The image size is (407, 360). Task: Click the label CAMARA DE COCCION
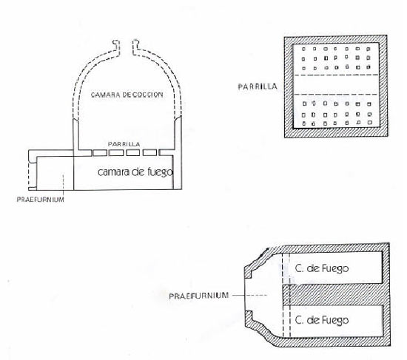pyautogui.click(x=127, y=95)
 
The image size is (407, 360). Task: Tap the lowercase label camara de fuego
pyautogui.click(x=135, y=172)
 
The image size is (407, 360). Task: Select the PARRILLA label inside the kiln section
pyautogui.click(x=124, y=144)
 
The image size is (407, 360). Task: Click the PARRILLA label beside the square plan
pyautogui.click(x=258, y=86)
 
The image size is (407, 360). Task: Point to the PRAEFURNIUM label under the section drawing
pyautogui.click(x=40, y=200)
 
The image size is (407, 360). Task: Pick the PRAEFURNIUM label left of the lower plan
pyautogui.click(x=199, y=296)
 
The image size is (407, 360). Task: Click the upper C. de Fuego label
pyautogui.click(x=322, y=268)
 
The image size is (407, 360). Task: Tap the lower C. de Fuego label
pyautogui.click(x=322, y=320)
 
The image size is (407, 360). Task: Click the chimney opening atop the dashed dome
pyautogui.click(x=126, y=47)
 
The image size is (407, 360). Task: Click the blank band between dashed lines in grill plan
pyautogui.click(x=335, y=84)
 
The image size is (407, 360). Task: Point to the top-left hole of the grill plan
pyautogui.click(x=303, y=49)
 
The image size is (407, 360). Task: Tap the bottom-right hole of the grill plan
pyautogui.click(x=370, y=123)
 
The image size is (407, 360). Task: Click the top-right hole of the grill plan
pyautogui.click(x=368, y=49)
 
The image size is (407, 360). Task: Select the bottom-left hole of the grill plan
pyautogui.click(x=304, y=123)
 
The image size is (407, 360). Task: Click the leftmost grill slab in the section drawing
pyautogui.click(x=100, y=153)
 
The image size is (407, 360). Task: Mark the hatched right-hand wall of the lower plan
pyautogui.click(x=386, y=294)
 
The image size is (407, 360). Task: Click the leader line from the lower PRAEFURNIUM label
pyautogui.click(x=249, y=295)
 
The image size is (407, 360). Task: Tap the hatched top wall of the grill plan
pyautogui.click(x=336, y=39)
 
